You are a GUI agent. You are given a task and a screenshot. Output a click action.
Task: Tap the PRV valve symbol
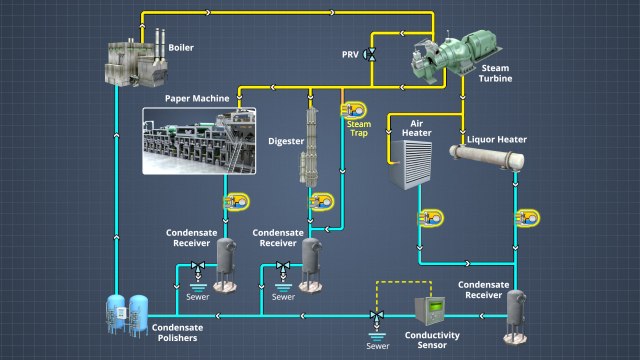click(370, 54)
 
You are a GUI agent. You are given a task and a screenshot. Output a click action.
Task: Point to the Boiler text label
click(182, 46)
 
